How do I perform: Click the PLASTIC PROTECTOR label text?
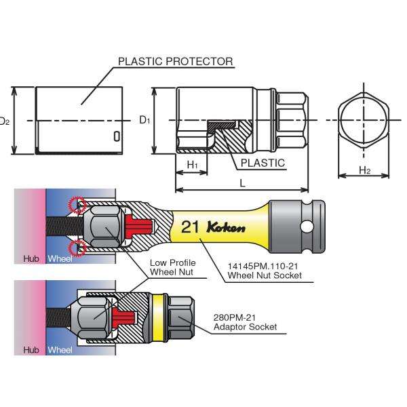pos(176,61)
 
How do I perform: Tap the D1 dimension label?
pos(144,120)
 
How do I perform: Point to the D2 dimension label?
pos(4,121)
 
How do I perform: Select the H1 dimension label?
pos(193,165)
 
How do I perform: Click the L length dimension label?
pos(242,183)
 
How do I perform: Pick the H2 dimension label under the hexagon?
pos(364,170)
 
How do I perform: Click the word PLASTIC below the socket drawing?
pos(263,163)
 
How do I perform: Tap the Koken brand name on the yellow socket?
pos(225,227)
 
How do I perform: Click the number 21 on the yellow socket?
pos(191,227)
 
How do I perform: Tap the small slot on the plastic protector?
pos(117,136)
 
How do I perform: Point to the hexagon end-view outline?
pos(364,120)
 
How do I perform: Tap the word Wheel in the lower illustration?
pos(60,350)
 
